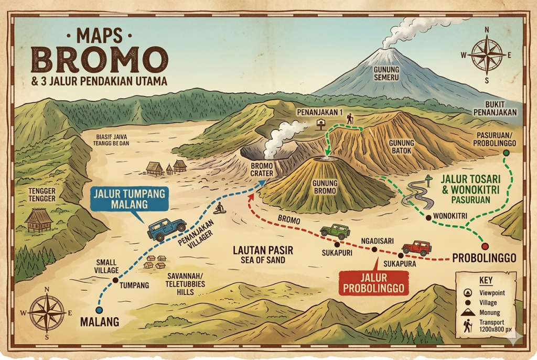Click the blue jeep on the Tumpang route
(x=167, y=228)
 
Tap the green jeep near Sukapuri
(x=335, y=231)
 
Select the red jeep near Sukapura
(x=417, y=248)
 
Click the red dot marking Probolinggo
(x=485, y=246)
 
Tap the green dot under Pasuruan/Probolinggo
(x=506, y=153)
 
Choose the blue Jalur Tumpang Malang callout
(x=130, y=199)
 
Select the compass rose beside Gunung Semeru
(x=487, y=54)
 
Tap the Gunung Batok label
(x=402, y=147)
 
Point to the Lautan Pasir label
(x=263, y=255)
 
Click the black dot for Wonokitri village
(x=428, y=217)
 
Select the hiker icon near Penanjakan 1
(x=349, y=119)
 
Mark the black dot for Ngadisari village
(x=374, y=249)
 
